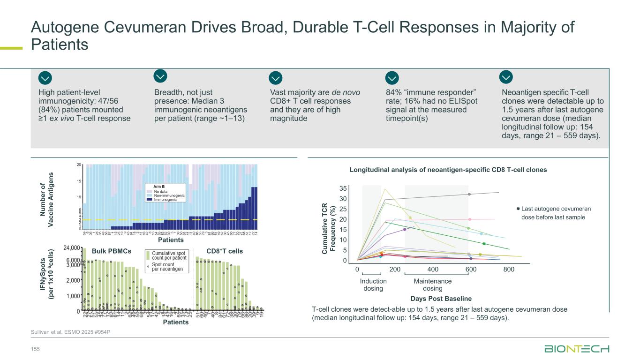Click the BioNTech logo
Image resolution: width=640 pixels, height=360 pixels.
(x=576, y=349)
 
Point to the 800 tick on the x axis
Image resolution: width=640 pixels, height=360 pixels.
(x=509, y=270)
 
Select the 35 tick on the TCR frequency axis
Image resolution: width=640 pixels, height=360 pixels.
(x=343, y=188)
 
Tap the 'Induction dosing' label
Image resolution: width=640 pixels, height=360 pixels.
(x=373, y=285)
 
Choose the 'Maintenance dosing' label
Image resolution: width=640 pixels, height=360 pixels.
(x=432, y=285)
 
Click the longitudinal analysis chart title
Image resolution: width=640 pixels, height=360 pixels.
(x=448, y=170)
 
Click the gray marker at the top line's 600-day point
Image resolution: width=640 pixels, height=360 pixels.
(x=469, y=194)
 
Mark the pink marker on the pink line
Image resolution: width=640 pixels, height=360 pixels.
(x=470, y=219)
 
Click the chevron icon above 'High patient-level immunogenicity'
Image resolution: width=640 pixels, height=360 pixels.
(x=45, y=78)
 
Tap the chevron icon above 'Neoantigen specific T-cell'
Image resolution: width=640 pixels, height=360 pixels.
(x=506, y=76)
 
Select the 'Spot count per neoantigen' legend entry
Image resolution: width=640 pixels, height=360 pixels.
(x=168, y=267)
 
